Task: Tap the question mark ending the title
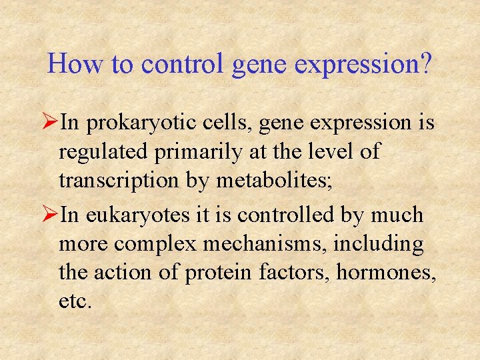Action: pos(425,64)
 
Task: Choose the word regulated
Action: pos(103,153)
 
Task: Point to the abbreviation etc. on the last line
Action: pos(75,301)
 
